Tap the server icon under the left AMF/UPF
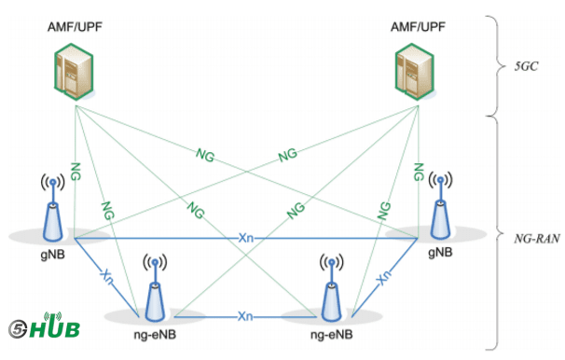coord(72,73)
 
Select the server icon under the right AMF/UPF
coord(414,73)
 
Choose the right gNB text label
coord(439,252)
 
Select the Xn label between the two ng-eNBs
coord(244,316)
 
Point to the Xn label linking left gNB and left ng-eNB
coord(108,275)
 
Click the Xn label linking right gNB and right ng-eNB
coord(381,277)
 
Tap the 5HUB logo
coord(43,327)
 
